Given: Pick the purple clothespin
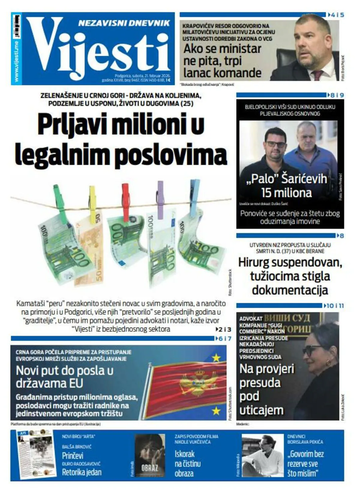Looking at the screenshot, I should tap(161, 198).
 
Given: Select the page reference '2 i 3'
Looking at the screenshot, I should tap(224, 329).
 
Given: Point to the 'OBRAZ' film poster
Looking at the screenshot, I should tap(149, 455).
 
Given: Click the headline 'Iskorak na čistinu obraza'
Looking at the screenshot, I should tap(188, 463).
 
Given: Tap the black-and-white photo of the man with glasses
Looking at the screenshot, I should tap(262, 455).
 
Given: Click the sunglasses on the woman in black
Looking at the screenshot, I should tap(312, 350).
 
